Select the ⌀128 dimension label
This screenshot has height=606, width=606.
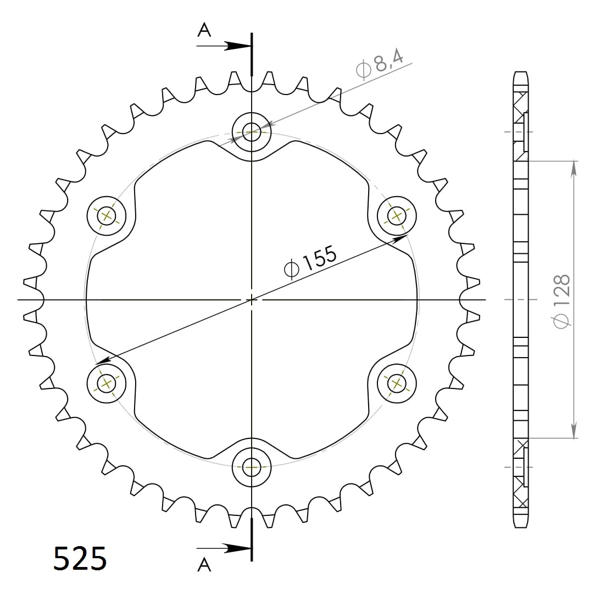[x=562, y=300]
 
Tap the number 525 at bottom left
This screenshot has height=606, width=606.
[x=80, y=559]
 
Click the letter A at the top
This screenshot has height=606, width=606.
[x=204, y=31]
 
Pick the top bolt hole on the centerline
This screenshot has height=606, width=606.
[x=252, y=131]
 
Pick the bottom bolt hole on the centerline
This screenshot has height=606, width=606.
[x=252, y=467]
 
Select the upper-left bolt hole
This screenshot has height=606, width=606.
[x=107, y=215]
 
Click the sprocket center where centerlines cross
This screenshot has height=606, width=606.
[x=252, y=299]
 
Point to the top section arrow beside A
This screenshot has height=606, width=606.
[x=236, y=46]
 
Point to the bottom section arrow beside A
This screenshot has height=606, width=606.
[x=236, y=548]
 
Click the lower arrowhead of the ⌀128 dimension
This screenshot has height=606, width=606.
[x=574, y=431]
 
